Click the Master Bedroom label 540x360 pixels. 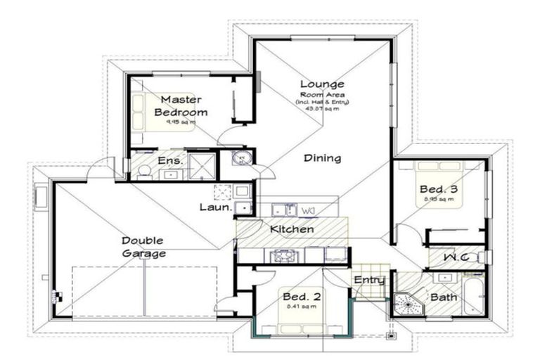pyautogui.click(x=181, y=106)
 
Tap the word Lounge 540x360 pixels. pyautogui.click(x=322, y=84)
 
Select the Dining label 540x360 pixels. pyautogui.click(x=322, y=158)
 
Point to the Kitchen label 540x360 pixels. pyautogui.click(x=292, y=230)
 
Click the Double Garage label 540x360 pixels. pyautogui.click(x=143, y=247)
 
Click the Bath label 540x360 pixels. pyautogui.click(x=444, y=297)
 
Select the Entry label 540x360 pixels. pyautogui.click(x=369, y=281)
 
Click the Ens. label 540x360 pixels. pyautogui.click(x=171, y=161)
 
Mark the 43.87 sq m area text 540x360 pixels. pyautogui.click(x=322, y=108)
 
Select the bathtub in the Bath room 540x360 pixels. pyautogui.click(x=473, y=295)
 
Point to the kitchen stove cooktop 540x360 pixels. pyautogui.click(x=284, y=255)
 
